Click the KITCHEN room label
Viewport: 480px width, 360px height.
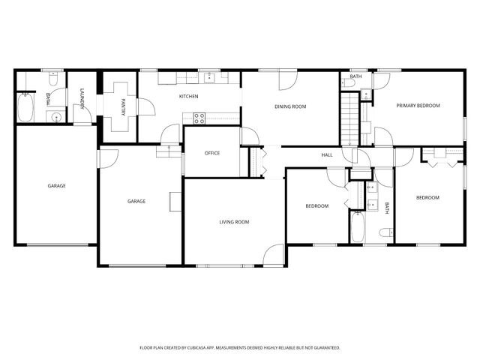188,96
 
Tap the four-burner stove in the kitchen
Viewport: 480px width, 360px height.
199,117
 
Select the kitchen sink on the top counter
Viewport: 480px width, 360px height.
208,77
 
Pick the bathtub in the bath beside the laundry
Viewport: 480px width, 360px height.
25,107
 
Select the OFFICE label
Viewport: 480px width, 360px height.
212,153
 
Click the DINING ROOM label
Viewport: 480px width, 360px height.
290,106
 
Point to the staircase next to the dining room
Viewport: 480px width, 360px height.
350,117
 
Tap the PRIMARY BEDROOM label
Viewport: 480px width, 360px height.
418,106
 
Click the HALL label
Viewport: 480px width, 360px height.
327,154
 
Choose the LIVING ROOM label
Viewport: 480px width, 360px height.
234,222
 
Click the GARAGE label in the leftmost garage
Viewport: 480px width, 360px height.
56,185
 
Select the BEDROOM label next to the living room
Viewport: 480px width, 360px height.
316,206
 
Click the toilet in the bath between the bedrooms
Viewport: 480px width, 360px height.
385,233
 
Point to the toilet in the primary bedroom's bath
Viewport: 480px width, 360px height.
364,94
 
